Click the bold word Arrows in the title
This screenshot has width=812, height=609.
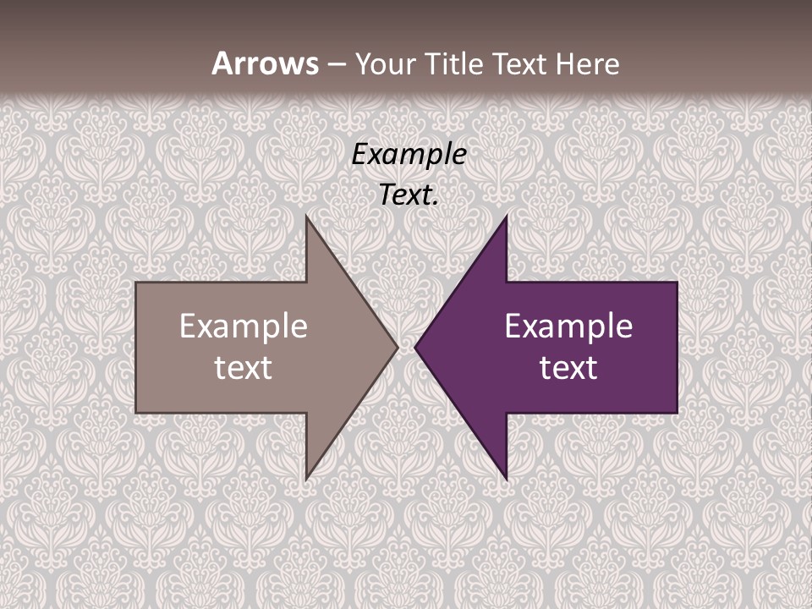point(265,63)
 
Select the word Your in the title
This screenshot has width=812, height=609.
point(386,63)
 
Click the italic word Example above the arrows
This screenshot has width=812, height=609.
point(409,154)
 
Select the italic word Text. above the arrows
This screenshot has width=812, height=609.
point(409,195)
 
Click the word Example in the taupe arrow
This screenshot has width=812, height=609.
point(244,326)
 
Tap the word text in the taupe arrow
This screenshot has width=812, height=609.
point(244,368)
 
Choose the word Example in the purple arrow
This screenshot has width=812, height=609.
point(568,326)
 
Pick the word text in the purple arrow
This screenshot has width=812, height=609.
point(568,368)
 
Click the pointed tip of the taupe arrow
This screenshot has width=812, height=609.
point(397,347)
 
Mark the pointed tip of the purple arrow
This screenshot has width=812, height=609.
point(416,347)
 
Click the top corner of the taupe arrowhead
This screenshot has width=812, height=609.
point(307,217)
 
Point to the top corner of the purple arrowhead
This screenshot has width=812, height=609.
point(506,217)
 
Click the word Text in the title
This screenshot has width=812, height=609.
point(519,63)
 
